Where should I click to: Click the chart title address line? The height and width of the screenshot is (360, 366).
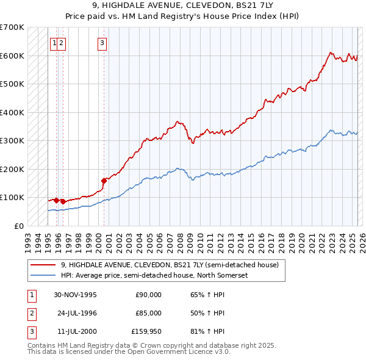click(182, 6)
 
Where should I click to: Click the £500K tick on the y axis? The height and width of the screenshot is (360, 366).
click(12, 84)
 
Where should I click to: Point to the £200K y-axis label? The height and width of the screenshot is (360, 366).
click(12, 169)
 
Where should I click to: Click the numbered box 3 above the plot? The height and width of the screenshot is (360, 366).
click(102, 43)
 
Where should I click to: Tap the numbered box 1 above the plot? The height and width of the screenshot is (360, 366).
click(55, 43)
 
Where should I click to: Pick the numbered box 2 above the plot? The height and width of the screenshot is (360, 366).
click(63, 43)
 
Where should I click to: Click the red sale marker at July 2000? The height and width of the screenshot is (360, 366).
click(104, 180)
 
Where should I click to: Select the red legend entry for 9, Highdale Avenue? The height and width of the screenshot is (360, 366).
click(170, 265)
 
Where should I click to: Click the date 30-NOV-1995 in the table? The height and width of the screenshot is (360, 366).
click(76, 295)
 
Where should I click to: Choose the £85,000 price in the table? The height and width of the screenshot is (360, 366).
click(148, 313)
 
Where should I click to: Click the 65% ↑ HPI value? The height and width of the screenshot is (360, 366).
click(207, 295)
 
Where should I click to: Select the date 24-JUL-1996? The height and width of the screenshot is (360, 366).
click(76, 313)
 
